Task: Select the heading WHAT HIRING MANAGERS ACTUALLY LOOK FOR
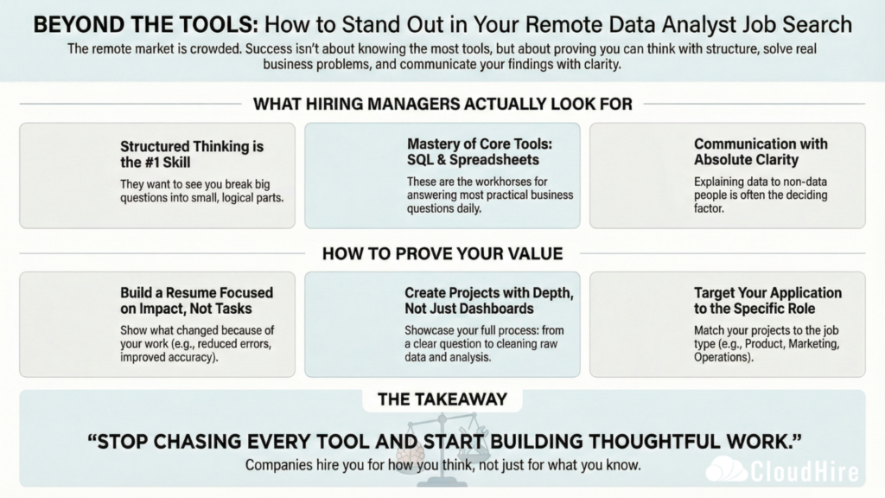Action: [x=442, y=105]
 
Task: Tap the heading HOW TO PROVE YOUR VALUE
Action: [x=442, y=253]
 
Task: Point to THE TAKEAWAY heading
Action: [x=442, y=399]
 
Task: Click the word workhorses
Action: [x=503, y=181]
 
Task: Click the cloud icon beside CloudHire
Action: [x=726, y=470]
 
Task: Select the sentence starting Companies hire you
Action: [x=442, y=465]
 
